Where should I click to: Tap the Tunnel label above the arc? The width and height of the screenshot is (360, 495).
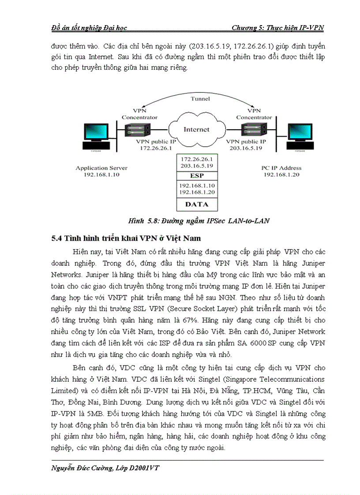(x=200, y=99)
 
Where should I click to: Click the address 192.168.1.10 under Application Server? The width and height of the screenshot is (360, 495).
(x=101, y=175)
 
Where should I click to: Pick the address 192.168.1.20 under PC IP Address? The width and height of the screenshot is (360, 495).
(x=282, y=175)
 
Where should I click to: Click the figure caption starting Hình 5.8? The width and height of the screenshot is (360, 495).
(x=199, y=221)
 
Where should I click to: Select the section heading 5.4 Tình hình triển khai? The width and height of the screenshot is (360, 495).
(x=126, y=238)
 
